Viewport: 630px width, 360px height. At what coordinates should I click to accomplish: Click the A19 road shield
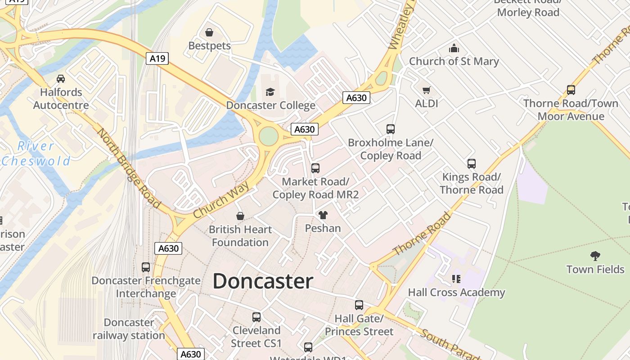157,58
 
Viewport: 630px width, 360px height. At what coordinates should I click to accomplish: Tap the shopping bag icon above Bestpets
209,32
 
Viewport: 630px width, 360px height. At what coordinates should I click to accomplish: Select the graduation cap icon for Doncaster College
270,92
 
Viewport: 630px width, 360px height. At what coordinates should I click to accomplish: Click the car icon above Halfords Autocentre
61,79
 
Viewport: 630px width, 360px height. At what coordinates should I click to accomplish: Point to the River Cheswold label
36,153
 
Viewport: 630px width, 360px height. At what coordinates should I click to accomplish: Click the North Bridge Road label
129,168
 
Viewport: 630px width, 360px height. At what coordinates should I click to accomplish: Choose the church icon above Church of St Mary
454,48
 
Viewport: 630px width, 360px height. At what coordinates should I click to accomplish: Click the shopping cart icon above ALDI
426,90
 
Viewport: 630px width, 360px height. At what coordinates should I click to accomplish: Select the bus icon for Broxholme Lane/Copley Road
391,129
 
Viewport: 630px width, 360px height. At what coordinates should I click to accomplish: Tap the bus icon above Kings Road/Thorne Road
472,164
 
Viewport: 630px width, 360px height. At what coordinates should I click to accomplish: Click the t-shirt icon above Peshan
323,215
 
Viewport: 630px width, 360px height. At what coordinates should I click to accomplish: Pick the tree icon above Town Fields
595,256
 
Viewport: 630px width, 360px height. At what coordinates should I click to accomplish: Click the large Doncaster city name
263,281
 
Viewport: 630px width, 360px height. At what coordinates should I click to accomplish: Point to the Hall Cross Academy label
456,292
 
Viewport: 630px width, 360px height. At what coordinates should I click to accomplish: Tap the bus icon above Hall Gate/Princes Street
359,305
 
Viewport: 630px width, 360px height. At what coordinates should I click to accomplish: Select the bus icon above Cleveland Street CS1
256,317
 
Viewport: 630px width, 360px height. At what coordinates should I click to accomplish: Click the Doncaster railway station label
129,329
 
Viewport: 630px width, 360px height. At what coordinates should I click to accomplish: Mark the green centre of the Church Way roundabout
268,136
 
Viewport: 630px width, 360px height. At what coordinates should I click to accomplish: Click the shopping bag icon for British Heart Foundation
240,216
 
